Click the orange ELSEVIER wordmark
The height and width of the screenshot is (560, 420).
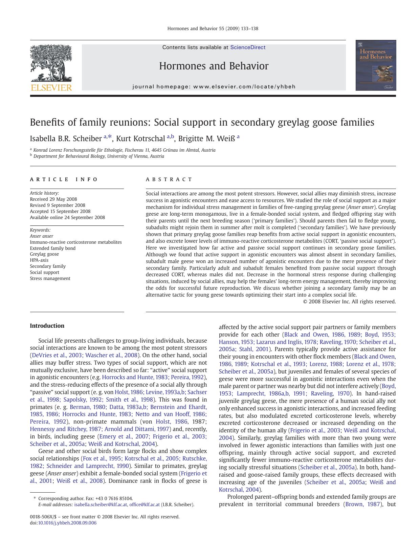[x=51, y=88]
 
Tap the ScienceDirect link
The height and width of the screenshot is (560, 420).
[x=248, y=47]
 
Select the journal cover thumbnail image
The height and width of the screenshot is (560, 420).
[x=376, y=65]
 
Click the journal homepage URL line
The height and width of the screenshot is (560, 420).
[x=214, y=87]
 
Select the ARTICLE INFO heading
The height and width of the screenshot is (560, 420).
[x=64, y=179]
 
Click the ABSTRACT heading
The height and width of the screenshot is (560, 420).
[x=169, y=179]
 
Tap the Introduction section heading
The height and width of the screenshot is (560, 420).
[x=47, y=326]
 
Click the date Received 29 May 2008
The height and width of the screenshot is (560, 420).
[x=53, y=199]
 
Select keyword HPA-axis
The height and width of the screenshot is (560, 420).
[x=39, y=260]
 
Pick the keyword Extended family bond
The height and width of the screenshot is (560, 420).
[x=53, y=248]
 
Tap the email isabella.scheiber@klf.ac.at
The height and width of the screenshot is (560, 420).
[x=101, y=504]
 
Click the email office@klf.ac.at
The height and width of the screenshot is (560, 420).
[x=145, y=504]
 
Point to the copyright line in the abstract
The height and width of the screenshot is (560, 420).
[x=349, y=301]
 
